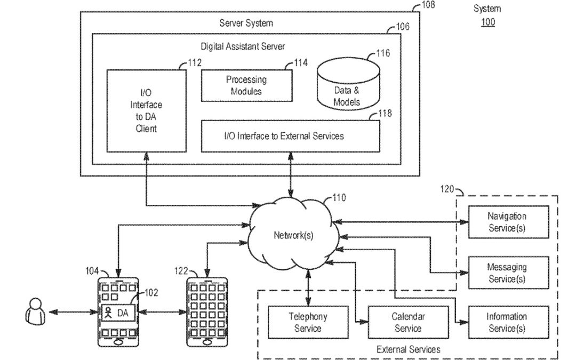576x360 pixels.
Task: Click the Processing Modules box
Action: [246, 85]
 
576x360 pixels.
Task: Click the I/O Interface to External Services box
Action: [291, 136]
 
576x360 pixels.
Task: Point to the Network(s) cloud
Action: [293, 235]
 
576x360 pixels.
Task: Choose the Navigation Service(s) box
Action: [507, 222]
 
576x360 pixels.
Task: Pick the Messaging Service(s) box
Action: [507, 273]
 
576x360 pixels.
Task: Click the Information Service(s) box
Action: [507, 322]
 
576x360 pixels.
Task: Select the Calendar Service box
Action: [407, 322]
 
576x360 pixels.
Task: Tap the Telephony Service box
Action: [308, 322]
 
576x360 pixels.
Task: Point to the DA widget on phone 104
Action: [118, 311]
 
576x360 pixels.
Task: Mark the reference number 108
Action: [428, 5]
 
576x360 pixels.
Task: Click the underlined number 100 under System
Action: [487, 22]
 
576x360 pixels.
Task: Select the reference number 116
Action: [382, 53]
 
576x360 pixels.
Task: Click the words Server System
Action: [246, 23]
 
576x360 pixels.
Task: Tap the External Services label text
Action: [408, 349]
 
